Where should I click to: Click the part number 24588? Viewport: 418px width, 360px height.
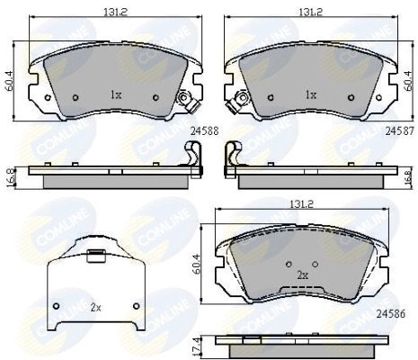(x=205, y=131)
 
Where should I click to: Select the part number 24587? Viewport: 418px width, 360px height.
(x=399, y=131)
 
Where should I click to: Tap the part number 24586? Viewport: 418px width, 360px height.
(x=391, y=314)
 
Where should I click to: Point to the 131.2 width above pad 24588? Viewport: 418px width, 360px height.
(x=116, y=12)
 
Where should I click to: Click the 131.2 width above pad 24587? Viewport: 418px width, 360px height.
(x=310, y=12)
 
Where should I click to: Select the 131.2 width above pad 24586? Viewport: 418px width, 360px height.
(x=301, y=204)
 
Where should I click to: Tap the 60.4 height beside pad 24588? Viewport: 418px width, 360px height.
(x=11, y=81)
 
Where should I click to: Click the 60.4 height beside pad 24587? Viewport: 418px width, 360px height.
(x=407, y=81)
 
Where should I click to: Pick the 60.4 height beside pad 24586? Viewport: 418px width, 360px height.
(x=197, y=265)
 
